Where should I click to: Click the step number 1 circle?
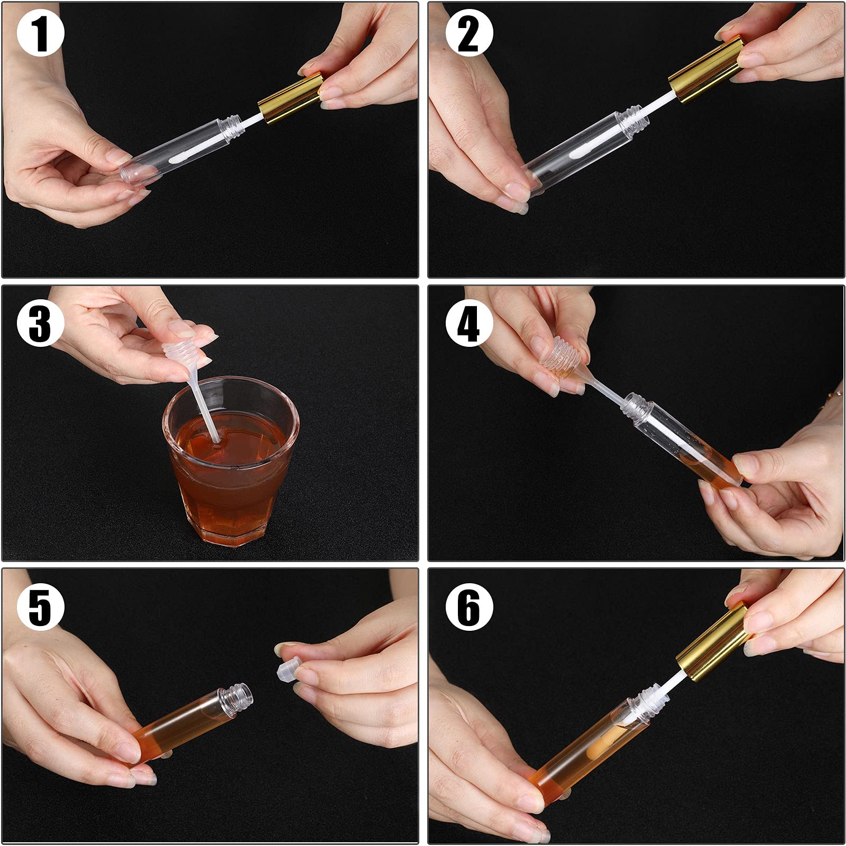pos(41,34)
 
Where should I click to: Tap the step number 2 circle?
pos(469,34)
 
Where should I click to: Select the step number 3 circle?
pos(41,324)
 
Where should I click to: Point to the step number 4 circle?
pos(469,324)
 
